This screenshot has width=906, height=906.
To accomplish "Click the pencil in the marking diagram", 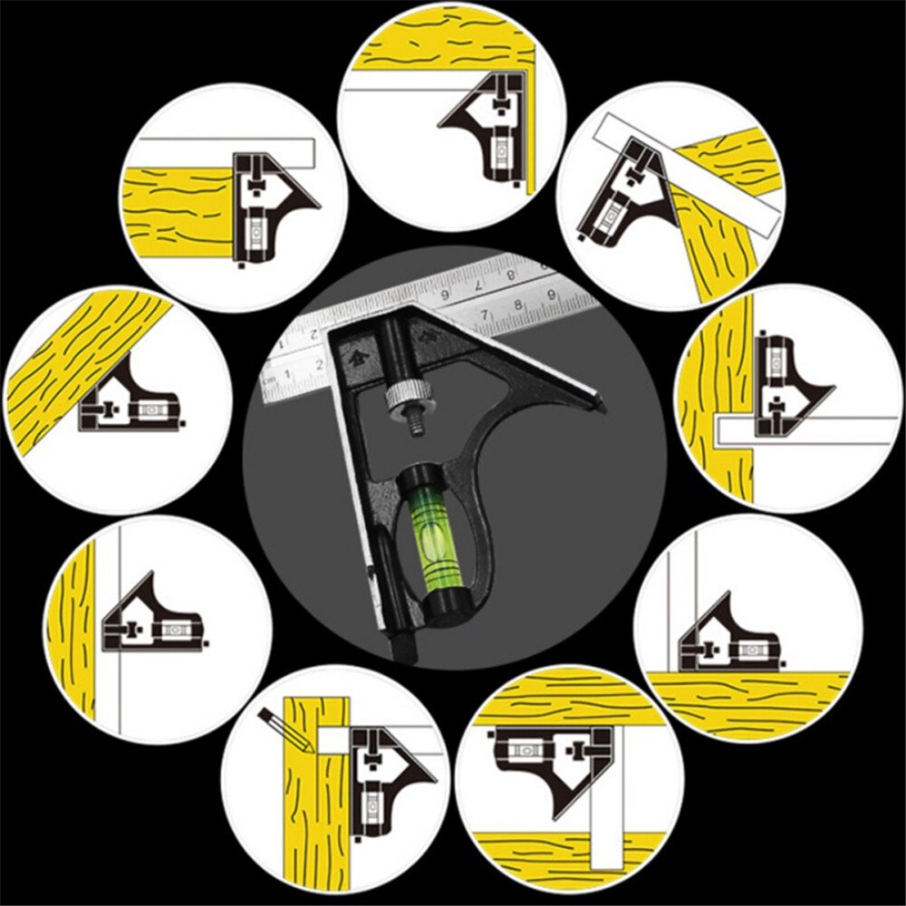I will [285, 731].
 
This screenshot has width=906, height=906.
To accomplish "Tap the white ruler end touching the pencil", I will [332, 739].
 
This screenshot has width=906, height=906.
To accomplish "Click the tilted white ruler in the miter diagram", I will [689, 176].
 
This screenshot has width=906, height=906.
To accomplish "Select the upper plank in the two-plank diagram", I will [562, 698].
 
